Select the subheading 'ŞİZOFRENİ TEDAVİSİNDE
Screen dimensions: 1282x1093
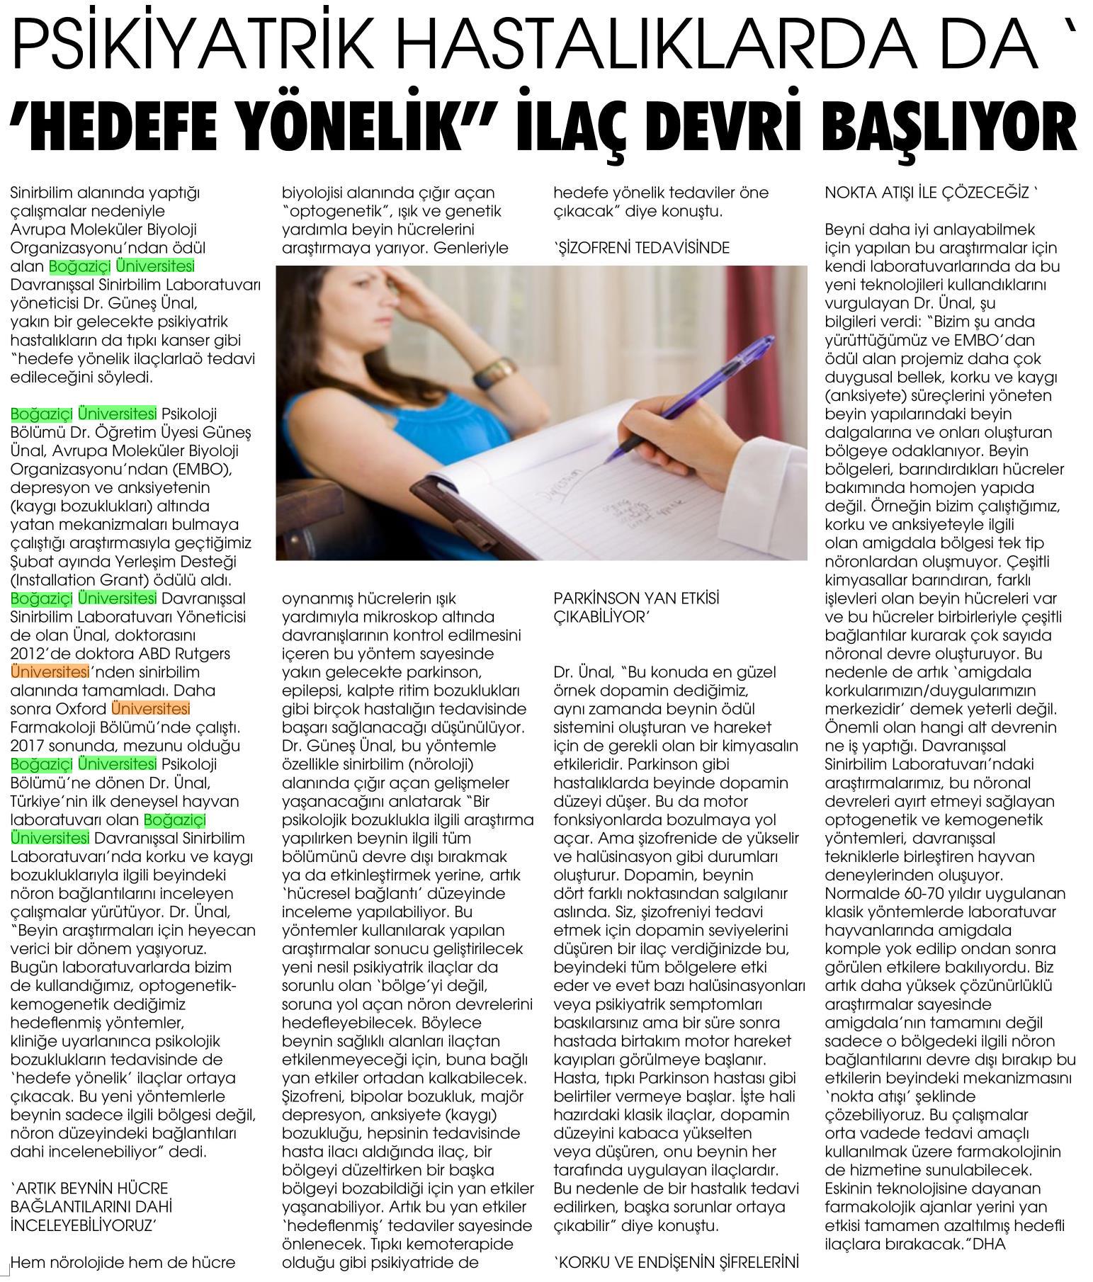point(640,248)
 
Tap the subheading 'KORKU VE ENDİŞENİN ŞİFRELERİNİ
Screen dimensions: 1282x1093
point(676,1261)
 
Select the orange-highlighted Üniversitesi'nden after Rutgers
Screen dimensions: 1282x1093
point(50,672)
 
